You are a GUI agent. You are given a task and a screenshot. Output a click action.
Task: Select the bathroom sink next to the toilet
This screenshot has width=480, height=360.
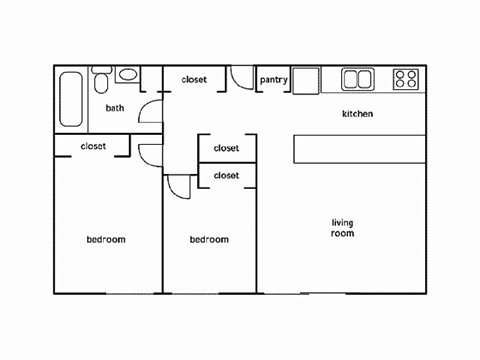pos(127,76)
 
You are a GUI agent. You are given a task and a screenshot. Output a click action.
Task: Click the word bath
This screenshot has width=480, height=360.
pos(115,108)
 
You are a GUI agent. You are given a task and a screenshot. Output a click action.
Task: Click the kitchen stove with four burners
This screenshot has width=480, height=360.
pos(405,79)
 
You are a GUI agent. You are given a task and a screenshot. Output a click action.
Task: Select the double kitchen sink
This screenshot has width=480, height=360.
pos(357,79)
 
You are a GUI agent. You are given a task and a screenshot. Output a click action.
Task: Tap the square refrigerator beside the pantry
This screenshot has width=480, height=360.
pos(305,80)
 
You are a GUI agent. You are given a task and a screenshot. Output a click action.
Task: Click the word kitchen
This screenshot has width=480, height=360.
pos(357,114)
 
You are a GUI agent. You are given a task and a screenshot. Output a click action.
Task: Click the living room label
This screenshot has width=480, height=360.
pos(343,227)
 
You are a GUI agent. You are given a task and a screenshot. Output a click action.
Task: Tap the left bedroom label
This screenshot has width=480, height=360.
pos(105,239)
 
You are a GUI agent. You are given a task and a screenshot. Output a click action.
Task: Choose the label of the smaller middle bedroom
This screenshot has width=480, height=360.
pos(209,239)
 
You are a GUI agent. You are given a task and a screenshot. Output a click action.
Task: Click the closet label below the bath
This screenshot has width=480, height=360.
pos(93,146)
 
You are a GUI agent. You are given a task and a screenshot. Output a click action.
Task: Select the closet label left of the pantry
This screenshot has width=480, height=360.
pos(194,81)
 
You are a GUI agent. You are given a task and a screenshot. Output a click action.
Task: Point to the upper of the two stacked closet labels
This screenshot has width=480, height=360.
pos(226,148)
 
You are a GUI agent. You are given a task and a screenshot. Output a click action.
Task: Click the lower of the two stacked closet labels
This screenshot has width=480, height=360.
pos(226,175)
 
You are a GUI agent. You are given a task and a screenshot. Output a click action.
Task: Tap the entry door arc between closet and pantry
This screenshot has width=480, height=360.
pos(241,78)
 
